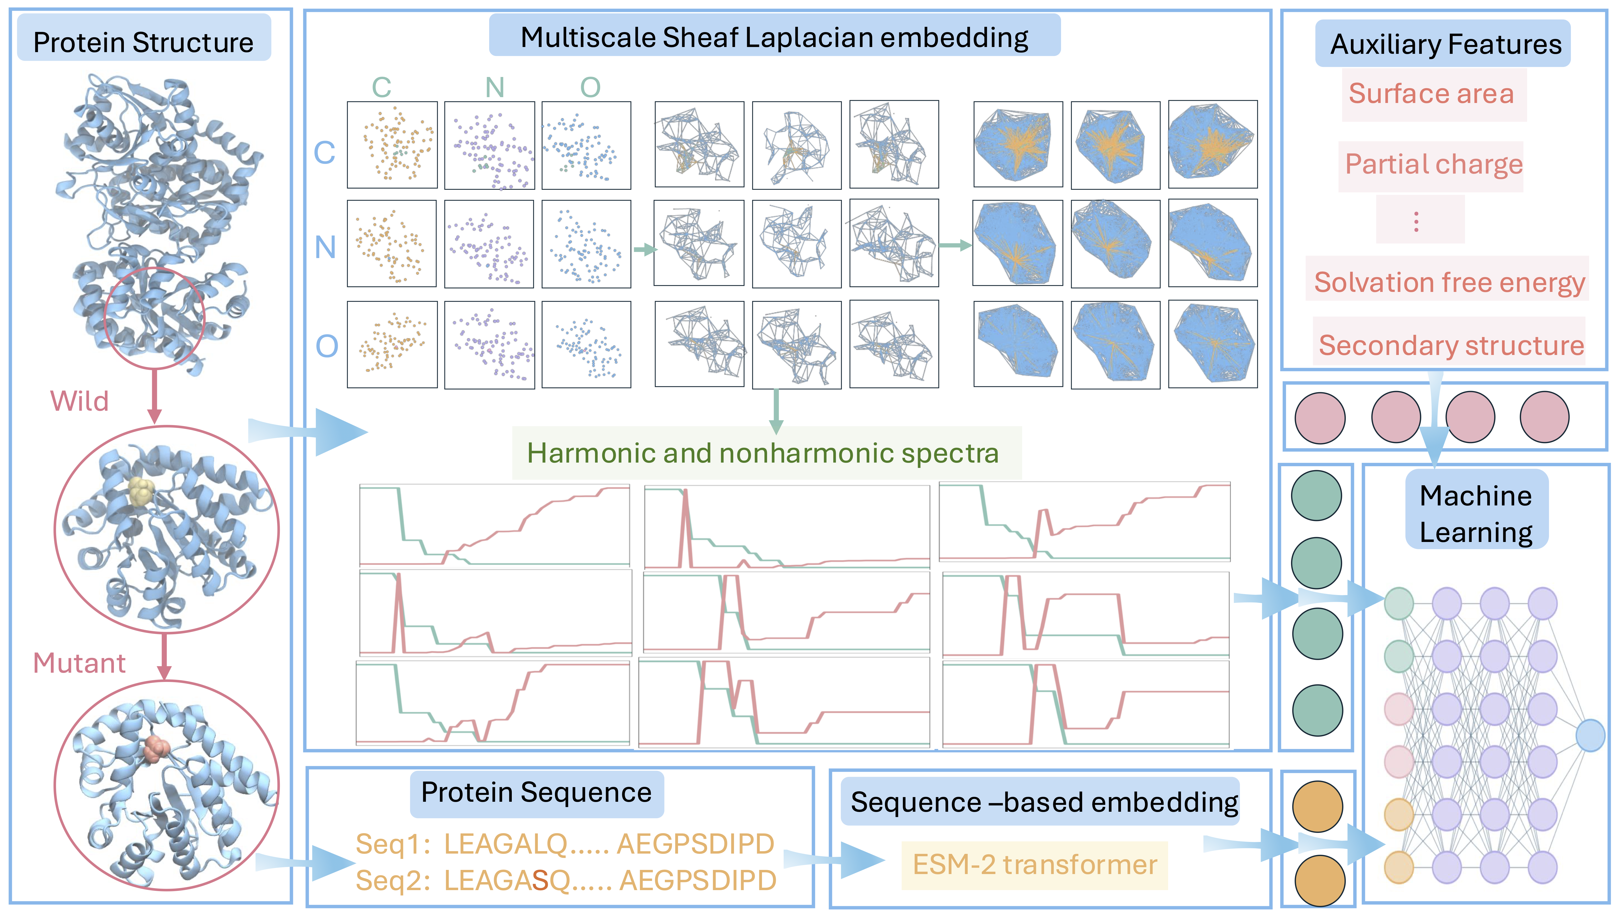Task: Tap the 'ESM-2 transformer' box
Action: click(1035, 865)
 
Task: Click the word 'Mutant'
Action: click(79, 663)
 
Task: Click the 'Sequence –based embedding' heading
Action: click(1044, 802)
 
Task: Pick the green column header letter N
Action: click(495, 88)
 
